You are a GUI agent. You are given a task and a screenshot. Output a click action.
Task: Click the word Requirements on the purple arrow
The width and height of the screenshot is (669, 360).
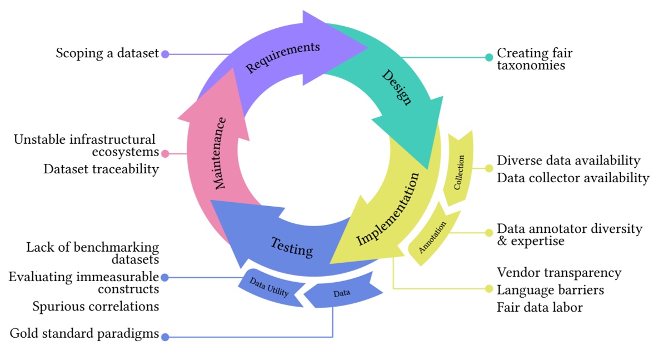283,57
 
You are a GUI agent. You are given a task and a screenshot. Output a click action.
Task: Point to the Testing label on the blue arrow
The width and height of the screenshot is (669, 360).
292,246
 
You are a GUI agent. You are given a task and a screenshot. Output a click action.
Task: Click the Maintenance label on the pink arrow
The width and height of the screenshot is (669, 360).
221,153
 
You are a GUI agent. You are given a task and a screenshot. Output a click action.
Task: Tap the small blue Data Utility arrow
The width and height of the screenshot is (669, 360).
269,288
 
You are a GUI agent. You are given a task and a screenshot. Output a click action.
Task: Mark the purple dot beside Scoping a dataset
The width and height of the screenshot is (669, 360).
164,54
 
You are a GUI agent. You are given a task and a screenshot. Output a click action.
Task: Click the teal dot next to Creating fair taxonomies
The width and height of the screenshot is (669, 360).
489,57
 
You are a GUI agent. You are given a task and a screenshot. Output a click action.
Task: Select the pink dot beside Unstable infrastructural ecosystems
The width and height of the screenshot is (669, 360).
164,153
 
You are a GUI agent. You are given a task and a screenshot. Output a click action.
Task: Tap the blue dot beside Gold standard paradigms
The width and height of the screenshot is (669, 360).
164,336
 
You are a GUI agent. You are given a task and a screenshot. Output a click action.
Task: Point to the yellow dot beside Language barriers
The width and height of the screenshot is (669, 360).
489,289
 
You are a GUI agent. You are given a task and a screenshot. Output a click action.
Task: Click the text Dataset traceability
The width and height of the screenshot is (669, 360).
101,169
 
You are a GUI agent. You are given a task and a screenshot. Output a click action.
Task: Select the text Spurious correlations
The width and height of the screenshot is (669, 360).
96,306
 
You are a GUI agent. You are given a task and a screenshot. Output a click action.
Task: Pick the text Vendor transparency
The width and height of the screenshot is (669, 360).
559,272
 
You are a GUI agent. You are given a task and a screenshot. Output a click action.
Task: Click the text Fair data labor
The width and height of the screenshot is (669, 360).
540,307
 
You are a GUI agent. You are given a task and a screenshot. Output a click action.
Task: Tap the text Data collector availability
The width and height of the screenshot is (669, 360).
573,178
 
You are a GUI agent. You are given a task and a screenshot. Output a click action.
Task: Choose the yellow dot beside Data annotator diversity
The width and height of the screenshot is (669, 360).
489,233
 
